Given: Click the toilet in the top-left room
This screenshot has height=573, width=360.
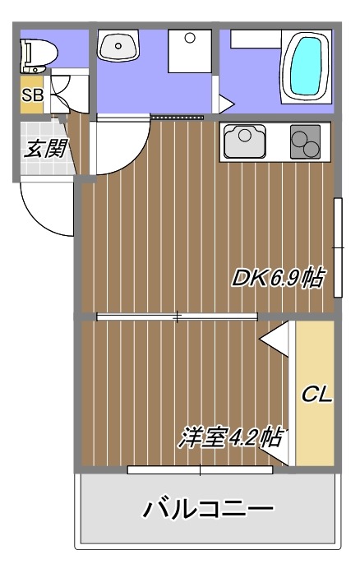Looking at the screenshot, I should click(37, 55).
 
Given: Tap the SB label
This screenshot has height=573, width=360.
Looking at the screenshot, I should click(32, 95).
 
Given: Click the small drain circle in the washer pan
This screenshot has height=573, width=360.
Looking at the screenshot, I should click(190, 38).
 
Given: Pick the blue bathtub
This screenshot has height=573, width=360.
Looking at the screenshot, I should click(305, 66).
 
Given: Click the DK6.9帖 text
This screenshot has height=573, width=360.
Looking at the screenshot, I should click(276, 278).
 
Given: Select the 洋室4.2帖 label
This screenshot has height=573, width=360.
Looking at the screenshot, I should click(230, 437).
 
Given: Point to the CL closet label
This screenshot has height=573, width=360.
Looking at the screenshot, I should click(316, 395).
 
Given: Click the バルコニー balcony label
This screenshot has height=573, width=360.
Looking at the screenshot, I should click(208, 510).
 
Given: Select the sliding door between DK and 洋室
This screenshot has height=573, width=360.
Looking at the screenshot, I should click(177, 317).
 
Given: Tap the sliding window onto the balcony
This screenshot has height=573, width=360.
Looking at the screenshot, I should click(201, 470).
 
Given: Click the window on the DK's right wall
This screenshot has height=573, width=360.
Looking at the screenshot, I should click(337, 247).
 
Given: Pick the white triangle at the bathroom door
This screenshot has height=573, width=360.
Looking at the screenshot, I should click(224, 104).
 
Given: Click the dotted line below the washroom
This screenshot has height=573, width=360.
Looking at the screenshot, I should click(178, 118).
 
